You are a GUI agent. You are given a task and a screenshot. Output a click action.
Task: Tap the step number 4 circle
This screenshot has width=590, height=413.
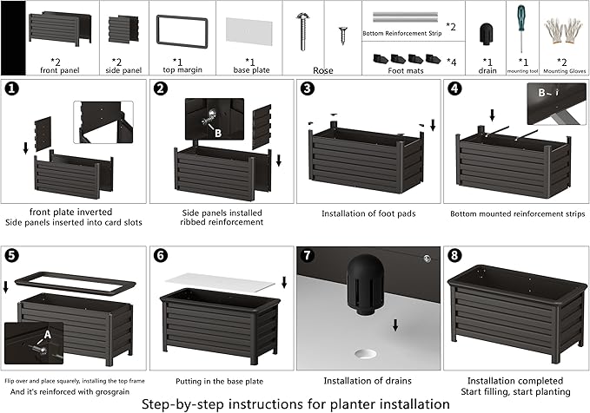click(454, 89)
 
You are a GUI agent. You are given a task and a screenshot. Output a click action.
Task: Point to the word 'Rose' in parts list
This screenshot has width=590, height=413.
click(323, 73)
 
